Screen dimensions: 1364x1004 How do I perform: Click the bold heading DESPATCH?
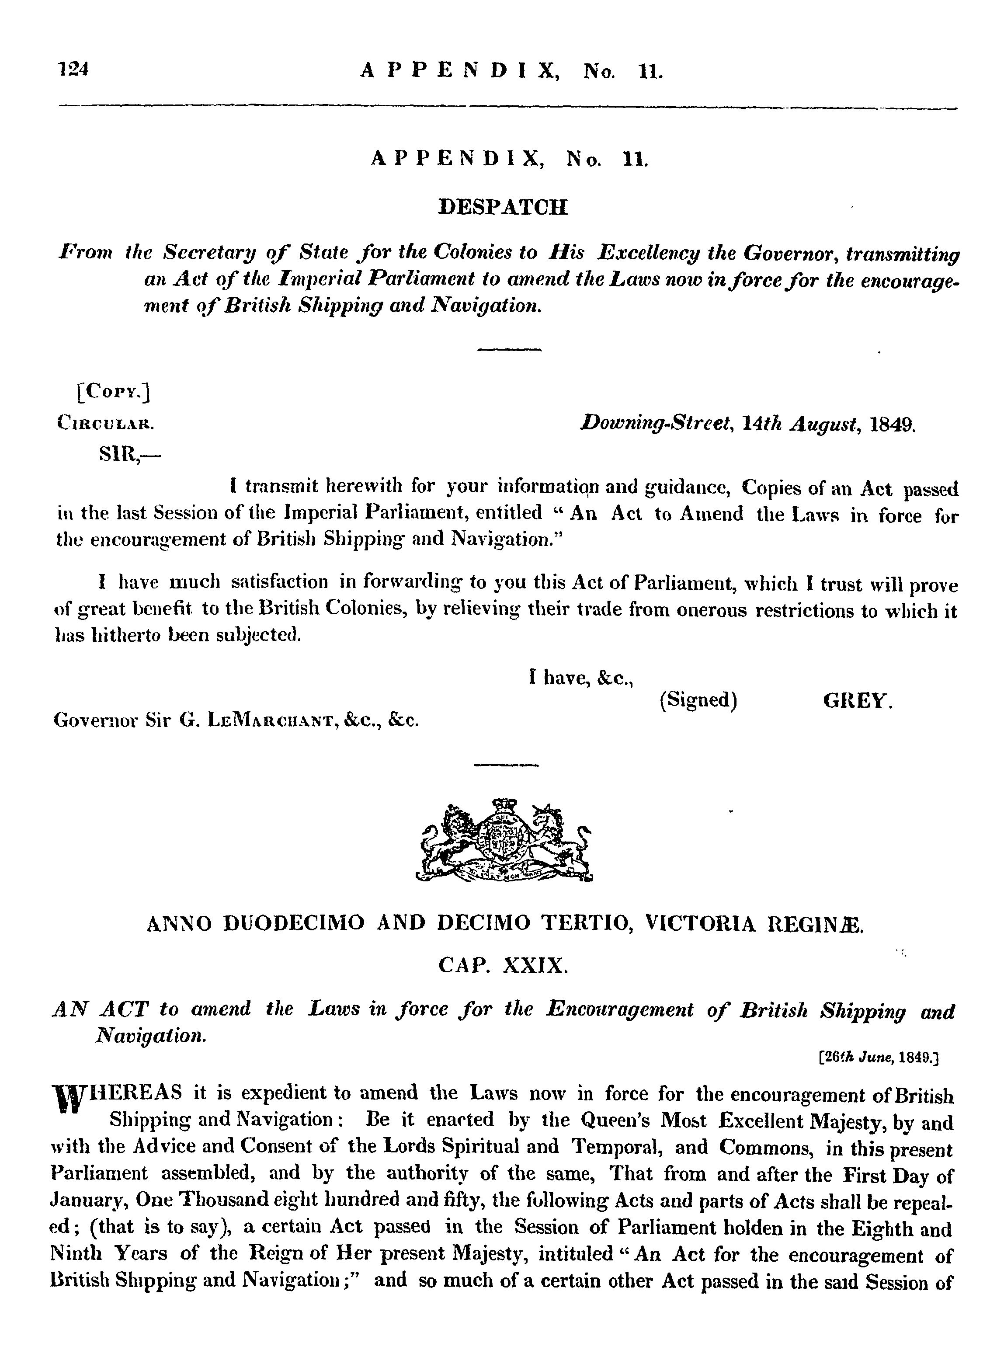(503, 208)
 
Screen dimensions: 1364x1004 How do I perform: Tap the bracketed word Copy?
(113, 393)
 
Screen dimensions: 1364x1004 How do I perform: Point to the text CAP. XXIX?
(503, 966)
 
